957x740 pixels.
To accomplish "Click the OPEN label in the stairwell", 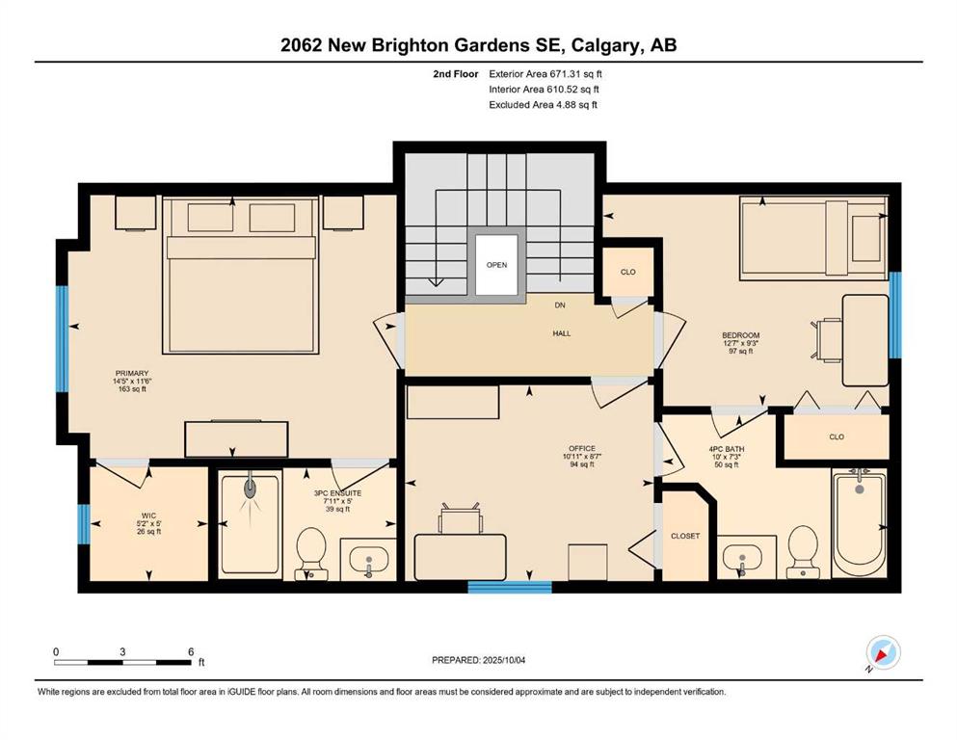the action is coord(496,265).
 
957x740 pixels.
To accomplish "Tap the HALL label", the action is coord(562,333).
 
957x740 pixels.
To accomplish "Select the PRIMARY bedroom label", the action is coord(132,373).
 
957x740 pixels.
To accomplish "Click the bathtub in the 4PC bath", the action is coord(860,524).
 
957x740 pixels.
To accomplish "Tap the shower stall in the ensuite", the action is coord(251,524).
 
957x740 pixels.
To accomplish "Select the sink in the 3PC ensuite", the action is coord(369,560).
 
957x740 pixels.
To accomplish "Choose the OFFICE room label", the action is coord(582,448).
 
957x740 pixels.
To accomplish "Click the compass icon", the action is coord(883,652).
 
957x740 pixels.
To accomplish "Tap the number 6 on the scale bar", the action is coord(191,651).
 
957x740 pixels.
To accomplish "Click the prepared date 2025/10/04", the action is coord(503,660).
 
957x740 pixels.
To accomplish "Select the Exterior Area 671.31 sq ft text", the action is coord(545,74).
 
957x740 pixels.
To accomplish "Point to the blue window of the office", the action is coord(510,587).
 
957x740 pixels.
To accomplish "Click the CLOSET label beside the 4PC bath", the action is coord(685,536).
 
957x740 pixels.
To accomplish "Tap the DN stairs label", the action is coord(560,305).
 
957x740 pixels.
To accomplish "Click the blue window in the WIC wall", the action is coord(84,524).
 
